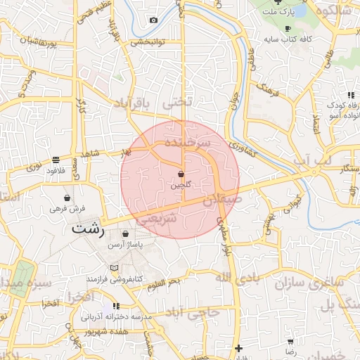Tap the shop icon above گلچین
point(181,173)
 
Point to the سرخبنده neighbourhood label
point(188,142)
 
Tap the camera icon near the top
point(153,20)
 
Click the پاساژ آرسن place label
point(125,245)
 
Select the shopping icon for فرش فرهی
point(67,198)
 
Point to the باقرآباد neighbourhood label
point(132,103)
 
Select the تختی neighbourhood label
point(176,102)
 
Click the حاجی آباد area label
point(200,311)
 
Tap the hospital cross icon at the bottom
point(239,348)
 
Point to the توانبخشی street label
point(147,41)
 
